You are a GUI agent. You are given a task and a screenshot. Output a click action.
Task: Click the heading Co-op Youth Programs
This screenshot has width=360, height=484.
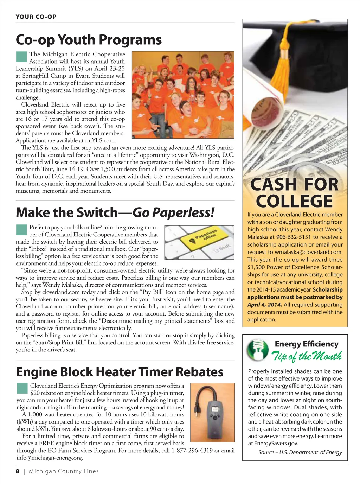click(x=89, y=40)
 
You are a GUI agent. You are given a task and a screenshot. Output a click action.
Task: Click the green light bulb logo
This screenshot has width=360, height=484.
click(x=257, y=350)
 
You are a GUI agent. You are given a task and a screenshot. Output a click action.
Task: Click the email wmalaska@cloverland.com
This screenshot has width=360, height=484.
click(x=305, y=252)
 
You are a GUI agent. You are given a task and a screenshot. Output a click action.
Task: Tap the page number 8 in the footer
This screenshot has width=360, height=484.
click(x=18, y=471)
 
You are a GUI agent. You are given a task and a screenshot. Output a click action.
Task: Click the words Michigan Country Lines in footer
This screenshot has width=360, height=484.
click(x=64, y=471)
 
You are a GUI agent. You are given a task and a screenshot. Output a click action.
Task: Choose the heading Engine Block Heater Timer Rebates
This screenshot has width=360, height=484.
click(x=120, y=372)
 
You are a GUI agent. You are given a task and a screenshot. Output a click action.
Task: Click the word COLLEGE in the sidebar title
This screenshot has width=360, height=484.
click(x=294, y=201)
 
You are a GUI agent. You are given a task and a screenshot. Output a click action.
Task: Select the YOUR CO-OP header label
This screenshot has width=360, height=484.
click(x=36, y=17)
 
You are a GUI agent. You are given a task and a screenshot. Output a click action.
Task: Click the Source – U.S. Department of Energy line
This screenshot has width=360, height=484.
click(x=300, y=452)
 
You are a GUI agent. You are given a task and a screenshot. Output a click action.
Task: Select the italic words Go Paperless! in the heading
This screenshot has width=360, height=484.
click(x=173, y=212)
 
